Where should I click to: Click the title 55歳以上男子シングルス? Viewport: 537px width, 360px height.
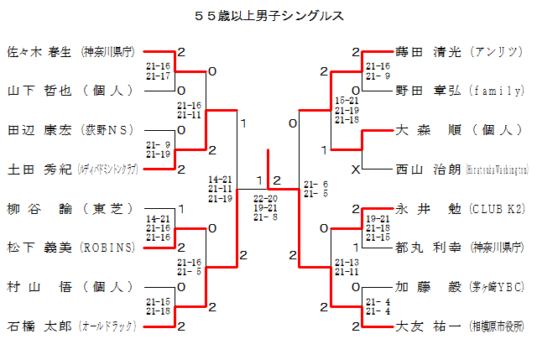tap(268, 15)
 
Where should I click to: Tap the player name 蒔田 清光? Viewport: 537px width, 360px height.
tap(428, 52)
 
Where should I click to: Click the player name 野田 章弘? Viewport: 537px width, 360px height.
tap(428, 91)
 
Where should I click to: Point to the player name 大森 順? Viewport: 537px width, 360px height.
tap(428, 130)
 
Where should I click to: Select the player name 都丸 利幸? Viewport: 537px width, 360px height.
tap(428, 248)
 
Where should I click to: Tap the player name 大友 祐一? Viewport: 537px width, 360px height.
tap(428, 326)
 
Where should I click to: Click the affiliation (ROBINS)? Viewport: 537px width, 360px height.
tap(107, 248)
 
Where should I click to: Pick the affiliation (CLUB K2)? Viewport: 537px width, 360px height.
tap(498, 208)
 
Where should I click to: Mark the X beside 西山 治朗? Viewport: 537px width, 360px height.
tap(357, 169)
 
